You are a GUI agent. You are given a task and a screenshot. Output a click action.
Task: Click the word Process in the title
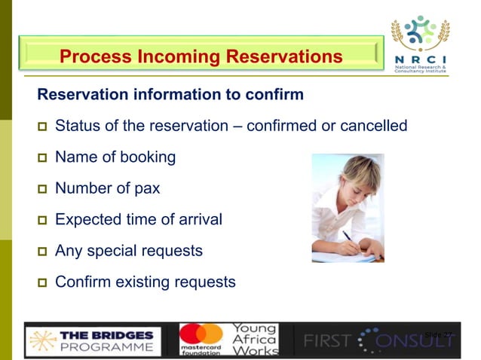point(92,56)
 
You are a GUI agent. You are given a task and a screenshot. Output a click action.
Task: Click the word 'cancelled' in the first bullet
point(375,125)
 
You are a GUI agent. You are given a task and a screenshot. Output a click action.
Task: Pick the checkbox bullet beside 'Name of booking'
point(42,158)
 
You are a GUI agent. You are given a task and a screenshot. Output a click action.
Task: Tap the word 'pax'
point(146,188)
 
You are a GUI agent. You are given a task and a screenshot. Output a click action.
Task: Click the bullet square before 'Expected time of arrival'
point(42,221)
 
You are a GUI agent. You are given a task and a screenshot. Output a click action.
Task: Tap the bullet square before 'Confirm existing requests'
point(42,283)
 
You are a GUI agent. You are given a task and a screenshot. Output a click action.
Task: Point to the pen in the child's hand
point(349,239)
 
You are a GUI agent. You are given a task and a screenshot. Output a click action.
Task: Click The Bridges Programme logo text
point(106,340)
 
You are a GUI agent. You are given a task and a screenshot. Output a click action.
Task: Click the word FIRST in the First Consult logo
point(326,340)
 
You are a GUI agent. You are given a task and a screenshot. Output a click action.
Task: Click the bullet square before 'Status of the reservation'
point(42,127)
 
